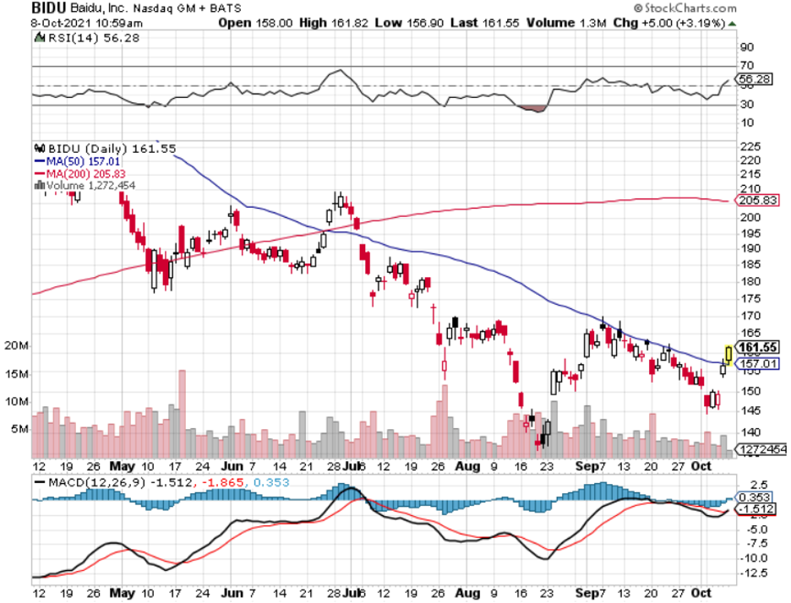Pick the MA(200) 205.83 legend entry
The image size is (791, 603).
(82, 172)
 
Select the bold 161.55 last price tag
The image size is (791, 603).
(757, 347)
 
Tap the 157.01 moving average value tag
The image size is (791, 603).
(756, 363)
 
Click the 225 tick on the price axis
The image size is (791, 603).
(747, 145)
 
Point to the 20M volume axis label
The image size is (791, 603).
(17, 346)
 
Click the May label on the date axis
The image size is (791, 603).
(123, 465)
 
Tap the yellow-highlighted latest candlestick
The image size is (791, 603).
(729, 352)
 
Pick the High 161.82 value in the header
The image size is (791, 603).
(327, 23)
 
